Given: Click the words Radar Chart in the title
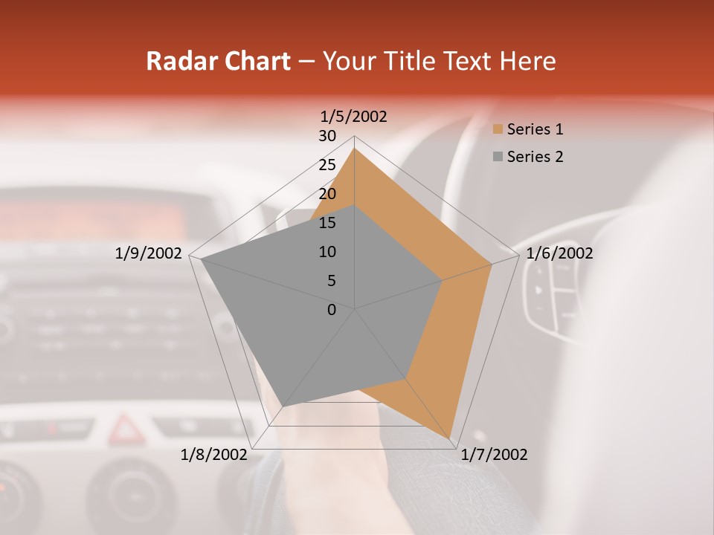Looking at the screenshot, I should pos(218,61).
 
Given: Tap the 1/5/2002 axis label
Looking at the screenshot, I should pos(354,116).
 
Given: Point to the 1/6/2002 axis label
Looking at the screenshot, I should pos(559,253).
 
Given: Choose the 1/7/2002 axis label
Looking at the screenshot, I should pos(494,455).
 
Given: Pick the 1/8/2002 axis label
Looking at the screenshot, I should pos(214,455).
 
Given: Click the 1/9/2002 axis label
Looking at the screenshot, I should pos(149,253).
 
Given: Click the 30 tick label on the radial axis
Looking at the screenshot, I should pos(327,136).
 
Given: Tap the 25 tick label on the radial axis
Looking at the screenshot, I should pos(327,165).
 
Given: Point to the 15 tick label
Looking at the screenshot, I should pos(327,223).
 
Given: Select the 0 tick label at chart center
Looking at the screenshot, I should pos(332,310).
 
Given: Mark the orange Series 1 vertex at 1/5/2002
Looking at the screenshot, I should pos(355,148).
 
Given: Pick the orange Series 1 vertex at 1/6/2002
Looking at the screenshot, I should pos(491,264).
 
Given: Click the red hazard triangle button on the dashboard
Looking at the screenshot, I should pos(126,429).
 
